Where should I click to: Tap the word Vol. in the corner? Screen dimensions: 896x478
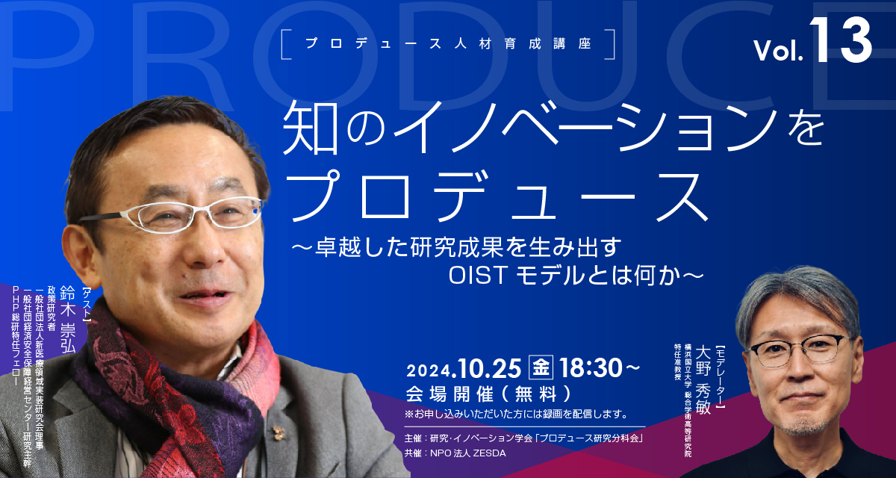(x=778, y=50)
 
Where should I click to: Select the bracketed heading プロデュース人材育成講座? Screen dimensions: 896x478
(x=448, y=43)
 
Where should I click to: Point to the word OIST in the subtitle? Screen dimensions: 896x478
(x=478, y=276)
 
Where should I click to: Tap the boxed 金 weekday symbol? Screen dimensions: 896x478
(x=541, y=367)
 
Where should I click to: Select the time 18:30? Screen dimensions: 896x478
(x=591, y=368)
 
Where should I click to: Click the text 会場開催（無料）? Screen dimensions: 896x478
(x=489, y=394)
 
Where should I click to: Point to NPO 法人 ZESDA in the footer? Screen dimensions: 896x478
(x=467, y=453)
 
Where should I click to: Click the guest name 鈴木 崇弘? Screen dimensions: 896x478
(x=68, y=319)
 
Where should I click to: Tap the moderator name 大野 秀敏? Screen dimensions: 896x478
(x=703, y=379)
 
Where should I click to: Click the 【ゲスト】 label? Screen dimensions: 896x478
(x=87, y=305)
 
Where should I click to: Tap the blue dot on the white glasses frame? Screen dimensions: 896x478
(x=256, y=210)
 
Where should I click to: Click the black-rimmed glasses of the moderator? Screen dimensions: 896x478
(x=797, y=350)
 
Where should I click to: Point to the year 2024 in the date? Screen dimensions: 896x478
(x=429, y=370)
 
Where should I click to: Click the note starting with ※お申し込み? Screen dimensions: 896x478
(x=516, y=414)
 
